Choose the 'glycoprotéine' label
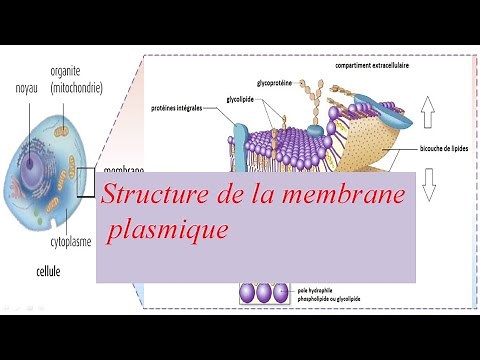pos(276,83)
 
